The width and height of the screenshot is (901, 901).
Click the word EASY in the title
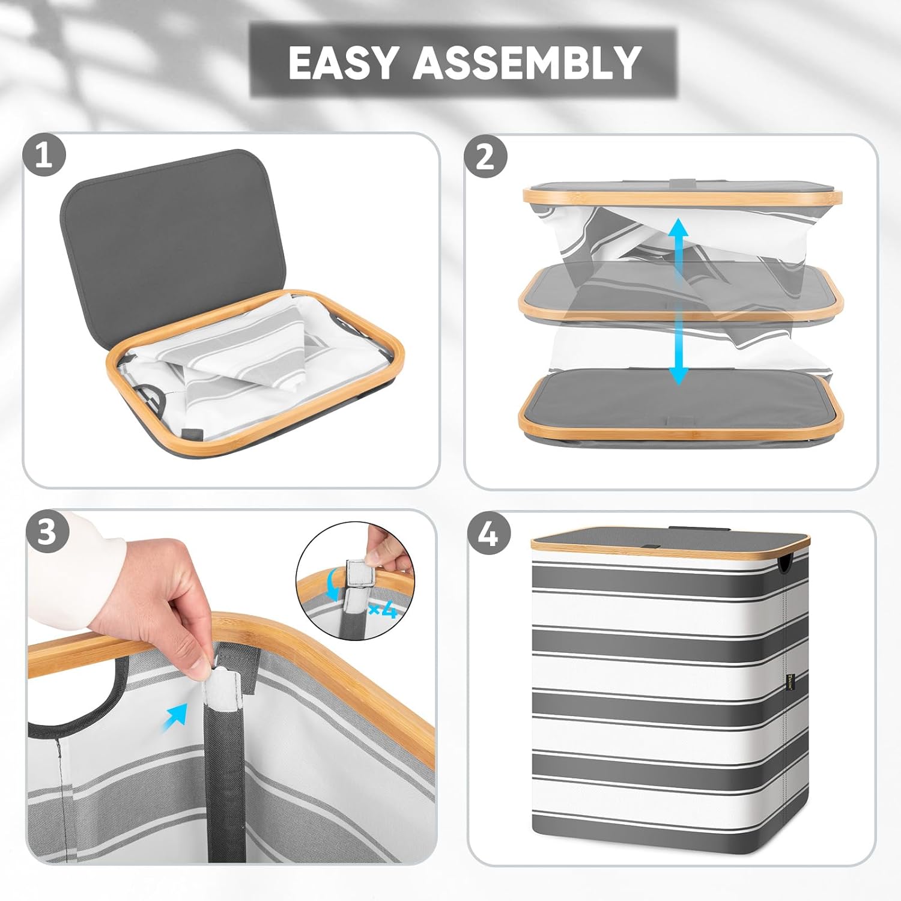point(344,62)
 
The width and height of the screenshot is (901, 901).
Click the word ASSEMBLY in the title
point(527,62)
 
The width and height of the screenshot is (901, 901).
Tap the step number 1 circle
point(44,156)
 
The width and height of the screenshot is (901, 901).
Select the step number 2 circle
point(486,157)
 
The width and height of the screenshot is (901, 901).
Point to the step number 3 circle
point(47,532)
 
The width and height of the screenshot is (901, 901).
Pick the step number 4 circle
point(488,533)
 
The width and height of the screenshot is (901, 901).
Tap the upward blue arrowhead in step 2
point(679,229)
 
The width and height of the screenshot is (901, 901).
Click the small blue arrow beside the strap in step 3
point(174,717)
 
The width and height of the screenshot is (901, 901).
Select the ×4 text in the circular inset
point(383,611)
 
